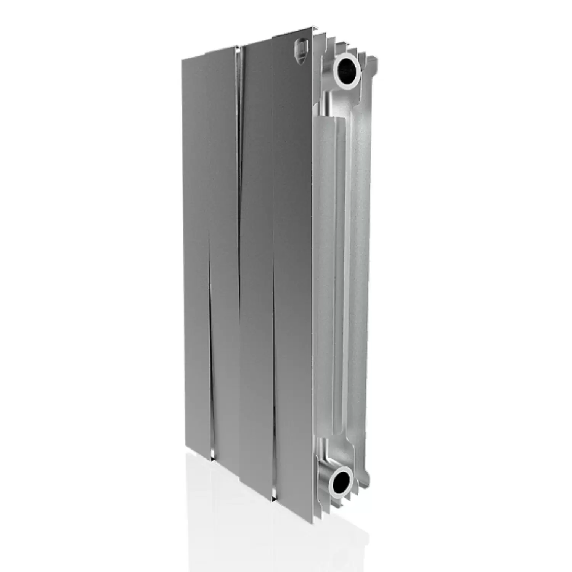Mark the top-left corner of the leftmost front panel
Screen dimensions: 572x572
coord(182,60)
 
